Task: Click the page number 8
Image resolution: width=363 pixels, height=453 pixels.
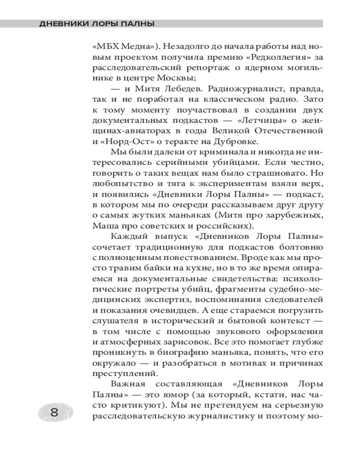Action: point(54,413)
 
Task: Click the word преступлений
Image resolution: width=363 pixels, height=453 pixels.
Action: point(121,374)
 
